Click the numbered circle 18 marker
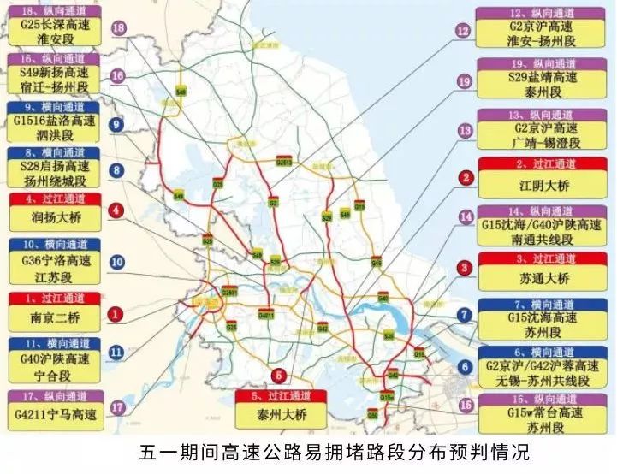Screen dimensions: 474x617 [x=118, y=28]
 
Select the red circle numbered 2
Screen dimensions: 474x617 [x=466, y=178]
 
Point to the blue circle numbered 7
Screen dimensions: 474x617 [x=465, y=315]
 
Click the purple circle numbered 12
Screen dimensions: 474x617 [x=464, y=31]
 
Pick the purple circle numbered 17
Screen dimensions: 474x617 [x=118, y=407]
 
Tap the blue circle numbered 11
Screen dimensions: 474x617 [x=117, y=351]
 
